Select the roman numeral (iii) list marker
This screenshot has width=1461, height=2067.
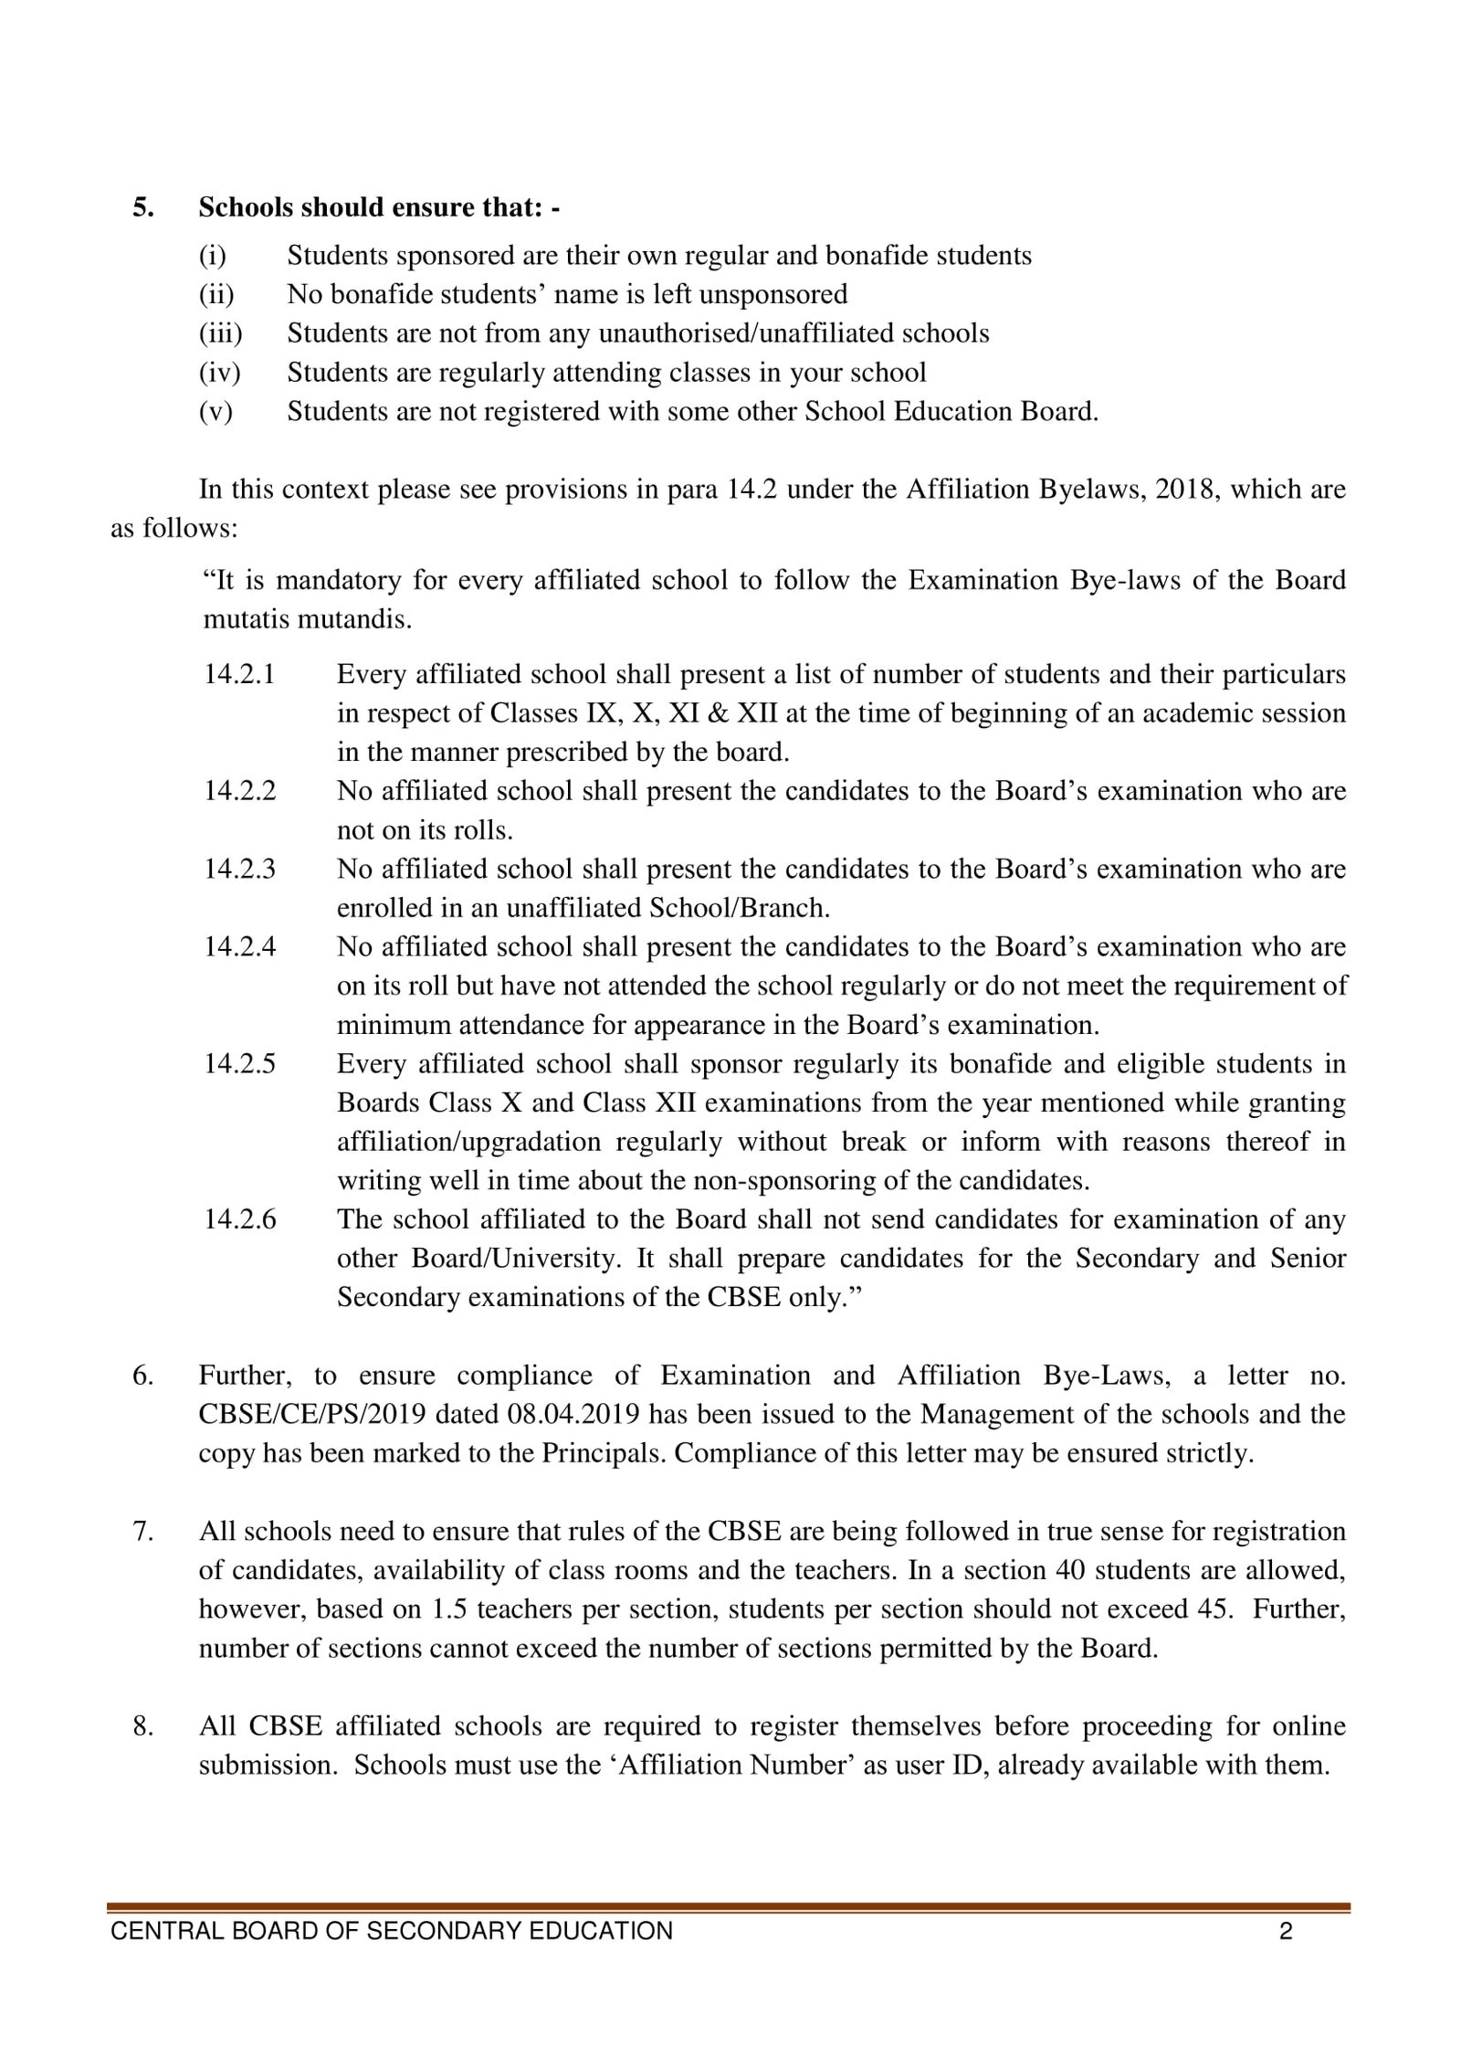click(x=220, y=333)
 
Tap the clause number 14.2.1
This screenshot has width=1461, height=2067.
click(x=239, y=674)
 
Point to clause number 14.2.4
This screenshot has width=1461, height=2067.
click(x=239, y=946)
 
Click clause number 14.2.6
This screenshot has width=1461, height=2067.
click(x=239, y=1219)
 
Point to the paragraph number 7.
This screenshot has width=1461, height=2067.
click(x=143, y=1531)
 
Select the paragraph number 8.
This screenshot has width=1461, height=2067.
click(x=143, y=1726)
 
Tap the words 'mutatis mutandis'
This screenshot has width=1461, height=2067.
click(x=307, y=620)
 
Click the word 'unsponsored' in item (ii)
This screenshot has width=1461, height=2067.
click(x=775, y=294)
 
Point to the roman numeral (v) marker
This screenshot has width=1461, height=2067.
click(x=215, y=412)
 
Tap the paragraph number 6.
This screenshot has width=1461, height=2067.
click(x=143, y=1376)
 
